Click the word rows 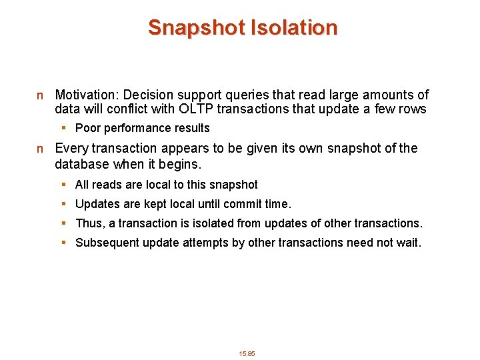pos(413,109)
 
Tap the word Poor pos(87,128)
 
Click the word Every pos(71,148)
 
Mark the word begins pos(181,163)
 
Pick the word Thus pos(89,223)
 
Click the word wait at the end pos(409,243)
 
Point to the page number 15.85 pos(247,353)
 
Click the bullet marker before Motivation pos(40,96)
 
